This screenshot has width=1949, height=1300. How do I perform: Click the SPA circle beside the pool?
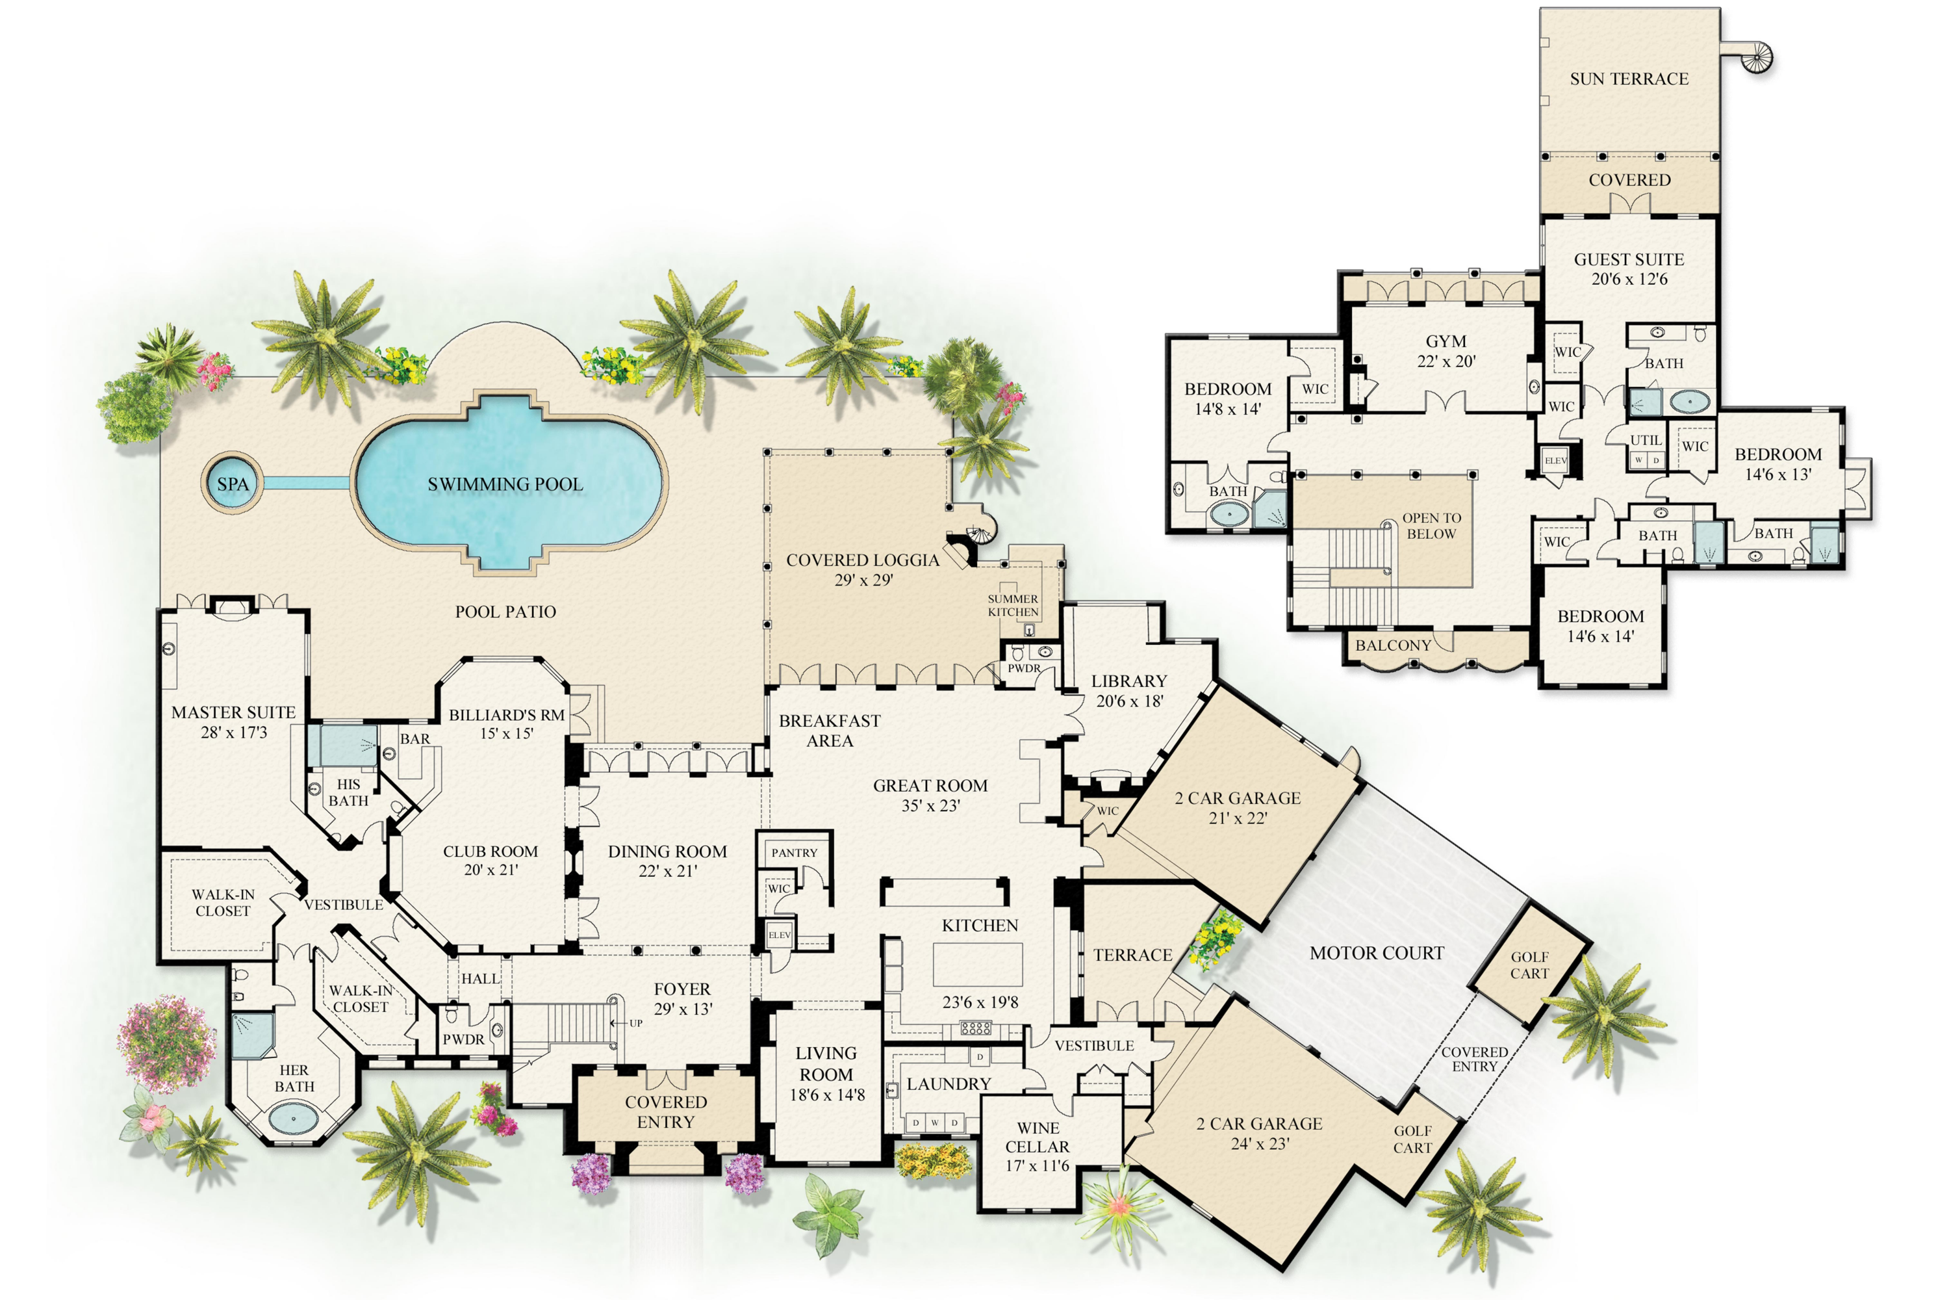[232, 484]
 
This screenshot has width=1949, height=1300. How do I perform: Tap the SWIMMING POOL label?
[505, 484]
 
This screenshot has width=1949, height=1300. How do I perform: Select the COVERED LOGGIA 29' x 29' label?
[863, 569]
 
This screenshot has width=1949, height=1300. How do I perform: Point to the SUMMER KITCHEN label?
[1013, 605]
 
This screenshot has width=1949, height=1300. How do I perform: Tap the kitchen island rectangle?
[978, 964]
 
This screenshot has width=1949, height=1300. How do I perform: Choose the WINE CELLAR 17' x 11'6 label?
[1038, 1147]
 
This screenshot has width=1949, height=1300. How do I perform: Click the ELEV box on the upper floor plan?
[1555, 461]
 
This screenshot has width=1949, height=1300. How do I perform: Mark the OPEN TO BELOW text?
[1431, 526]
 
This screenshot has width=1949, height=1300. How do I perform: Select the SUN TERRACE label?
[1629, 79]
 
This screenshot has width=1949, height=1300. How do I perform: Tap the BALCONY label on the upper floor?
[1393, 645]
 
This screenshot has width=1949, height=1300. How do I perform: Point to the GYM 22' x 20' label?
[1446, 351]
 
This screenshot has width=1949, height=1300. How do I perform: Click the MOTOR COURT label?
[1377, 954]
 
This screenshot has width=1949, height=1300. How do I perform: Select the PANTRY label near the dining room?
[794, 852]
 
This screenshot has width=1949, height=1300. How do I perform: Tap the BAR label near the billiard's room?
[414, 738]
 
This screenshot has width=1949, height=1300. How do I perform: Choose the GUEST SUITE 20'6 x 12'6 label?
[1629, 268]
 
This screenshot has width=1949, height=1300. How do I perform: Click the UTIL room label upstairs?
[1646, 440]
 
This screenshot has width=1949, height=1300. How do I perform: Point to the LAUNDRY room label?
[948, 1084]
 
